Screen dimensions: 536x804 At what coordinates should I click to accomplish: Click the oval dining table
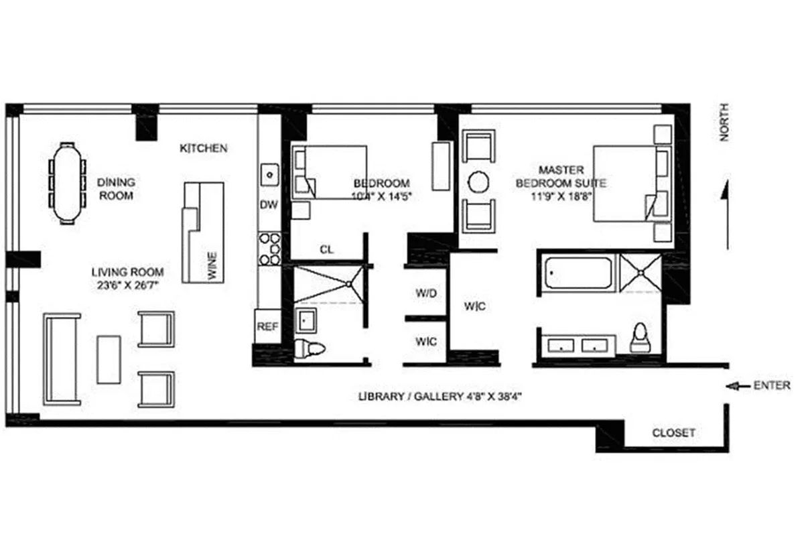coord(70,182)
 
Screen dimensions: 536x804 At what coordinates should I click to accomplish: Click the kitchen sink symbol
coord(269,175)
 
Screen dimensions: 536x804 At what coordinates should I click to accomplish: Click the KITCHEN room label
coord(203,148)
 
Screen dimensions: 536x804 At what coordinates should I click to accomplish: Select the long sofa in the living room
coord(62,358)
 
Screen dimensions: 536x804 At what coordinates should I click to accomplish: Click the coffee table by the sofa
coord(109,360)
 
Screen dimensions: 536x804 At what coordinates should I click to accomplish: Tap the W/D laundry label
coord(426,293)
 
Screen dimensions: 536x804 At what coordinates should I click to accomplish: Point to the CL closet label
coord(326,250)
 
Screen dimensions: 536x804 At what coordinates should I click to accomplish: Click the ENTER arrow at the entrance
coord(735,385)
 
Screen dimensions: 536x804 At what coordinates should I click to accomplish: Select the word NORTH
coord(724,121)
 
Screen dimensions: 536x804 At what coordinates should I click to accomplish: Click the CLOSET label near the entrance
coord(673,433)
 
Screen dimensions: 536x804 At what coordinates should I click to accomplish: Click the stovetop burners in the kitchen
coord(269,249)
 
